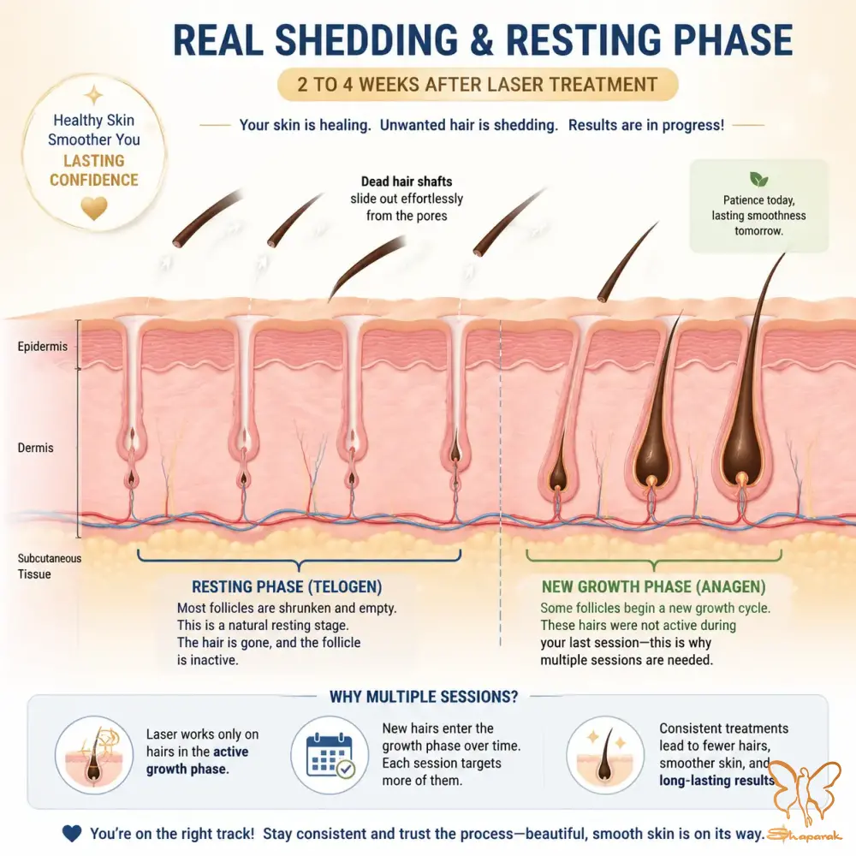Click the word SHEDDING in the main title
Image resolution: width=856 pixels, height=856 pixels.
366,40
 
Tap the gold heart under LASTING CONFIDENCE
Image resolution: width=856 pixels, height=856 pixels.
94,207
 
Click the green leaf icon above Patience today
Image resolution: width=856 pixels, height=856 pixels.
758,179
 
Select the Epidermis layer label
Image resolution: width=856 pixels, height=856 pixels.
43,347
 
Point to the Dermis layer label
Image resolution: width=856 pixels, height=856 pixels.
35,448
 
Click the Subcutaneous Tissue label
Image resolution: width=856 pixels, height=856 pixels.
49,566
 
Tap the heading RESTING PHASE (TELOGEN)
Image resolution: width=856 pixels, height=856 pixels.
287,587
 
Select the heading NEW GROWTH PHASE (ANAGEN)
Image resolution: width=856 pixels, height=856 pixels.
653,587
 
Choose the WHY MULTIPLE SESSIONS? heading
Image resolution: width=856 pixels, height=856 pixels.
424,697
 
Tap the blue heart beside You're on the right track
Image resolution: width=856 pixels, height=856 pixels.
72,833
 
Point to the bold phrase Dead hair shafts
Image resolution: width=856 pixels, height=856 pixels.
407,181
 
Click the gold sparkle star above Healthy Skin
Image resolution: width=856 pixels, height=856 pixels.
94,95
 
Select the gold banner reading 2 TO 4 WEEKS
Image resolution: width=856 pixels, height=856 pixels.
478,85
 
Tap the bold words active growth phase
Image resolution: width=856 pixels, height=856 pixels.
197,760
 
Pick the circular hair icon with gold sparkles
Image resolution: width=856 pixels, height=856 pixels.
605,755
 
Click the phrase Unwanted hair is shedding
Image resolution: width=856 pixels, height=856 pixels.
469,125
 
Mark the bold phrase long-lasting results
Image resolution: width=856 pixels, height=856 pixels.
717,780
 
